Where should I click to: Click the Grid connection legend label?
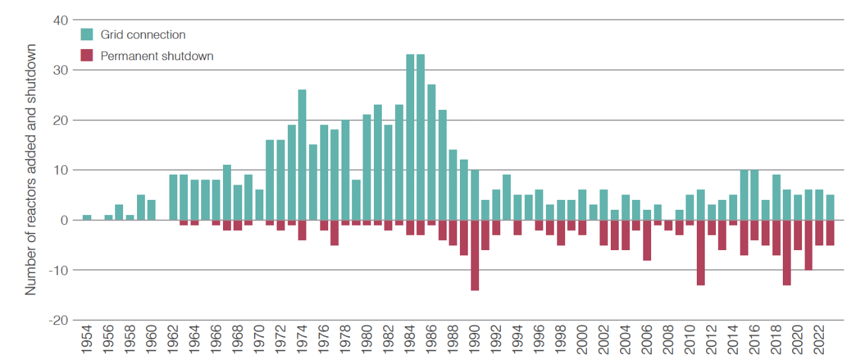point(143,34)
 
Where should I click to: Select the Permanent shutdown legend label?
point(157,56)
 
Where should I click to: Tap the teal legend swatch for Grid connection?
point(87,34)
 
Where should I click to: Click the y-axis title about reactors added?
point(30,169)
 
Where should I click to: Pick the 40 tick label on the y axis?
point(60,20)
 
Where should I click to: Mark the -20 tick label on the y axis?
point(58,320)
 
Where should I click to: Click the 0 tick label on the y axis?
point(64,220)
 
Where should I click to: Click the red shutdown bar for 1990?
point(474,255)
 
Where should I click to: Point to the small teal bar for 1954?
point(87,217)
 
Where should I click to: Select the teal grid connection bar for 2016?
point(754,195)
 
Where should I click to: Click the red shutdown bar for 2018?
point(776,237)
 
